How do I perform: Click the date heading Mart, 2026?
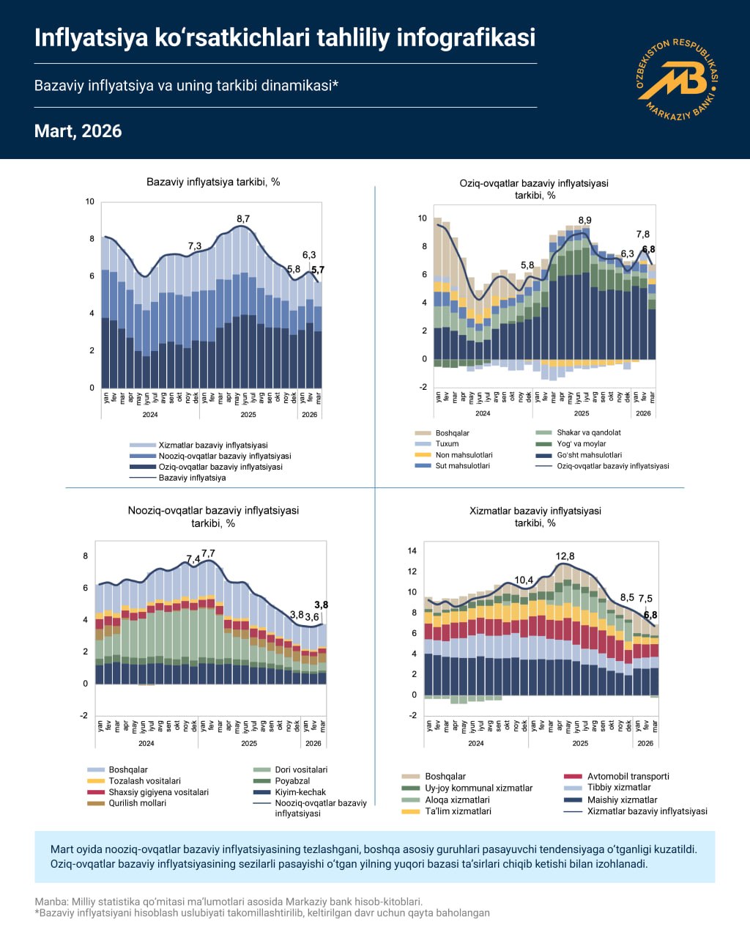coord(78,131)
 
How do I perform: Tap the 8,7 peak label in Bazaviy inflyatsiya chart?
coord(243,219)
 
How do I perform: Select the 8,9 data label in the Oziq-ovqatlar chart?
coord(584,221)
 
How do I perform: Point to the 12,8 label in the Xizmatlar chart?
coord(565,557)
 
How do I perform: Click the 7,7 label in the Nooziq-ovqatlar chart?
coord(208,553)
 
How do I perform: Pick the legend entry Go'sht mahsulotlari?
coord(589,455)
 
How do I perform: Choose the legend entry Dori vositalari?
coord(301,769)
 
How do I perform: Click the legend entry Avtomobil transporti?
coord(628,776)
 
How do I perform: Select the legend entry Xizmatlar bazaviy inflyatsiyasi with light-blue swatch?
coord(212,445)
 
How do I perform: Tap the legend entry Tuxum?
coord(447,444)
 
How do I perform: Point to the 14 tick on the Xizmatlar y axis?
coord(412,551)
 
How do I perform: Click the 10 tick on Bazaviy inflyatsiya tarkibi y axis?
coord(90,202)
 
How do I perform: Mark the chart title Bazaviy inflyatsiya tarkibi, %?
coord(213,182)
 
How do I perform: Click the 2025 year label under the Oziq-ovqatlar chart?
coord(582,413)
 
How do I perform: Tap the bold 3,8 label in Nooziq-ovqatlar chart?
coord(321,605)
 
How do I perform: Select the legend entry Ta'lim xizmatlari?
coord(458,811)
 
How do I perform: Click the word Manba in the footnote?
coord(48,902)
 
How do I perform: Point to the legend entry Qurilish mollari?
coord(137,803)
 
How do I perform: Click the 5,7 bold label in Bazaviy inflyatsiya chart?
coord(318,270)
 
